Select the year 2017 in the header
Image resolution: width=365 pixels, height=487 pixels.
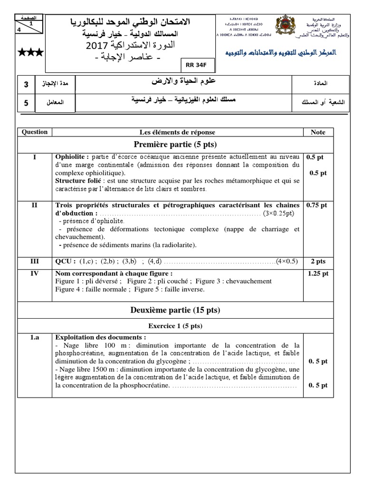(x=99, y=46)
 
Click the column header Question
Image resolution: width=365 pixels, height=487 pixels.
(x=34, y=132)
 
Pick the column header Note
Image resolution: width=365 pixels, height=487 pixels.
(x=318, y=132)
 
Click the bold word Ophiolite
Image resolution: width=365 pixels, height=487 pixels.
(x=71, y=156)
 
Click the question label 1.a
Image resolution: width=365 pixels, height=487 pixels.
(x=34, y=338)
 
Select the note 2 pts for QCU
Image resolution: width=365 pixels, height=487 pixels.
(x=318, y=261)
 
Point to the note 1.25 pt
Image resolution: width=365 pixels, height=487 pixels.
(x=318, y=273)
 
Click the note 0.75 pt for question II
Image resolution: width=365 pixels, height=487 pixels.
(x=317, y=205)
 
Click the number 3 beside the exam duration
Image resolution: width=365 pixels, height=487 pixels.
(x=26, y=85)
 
